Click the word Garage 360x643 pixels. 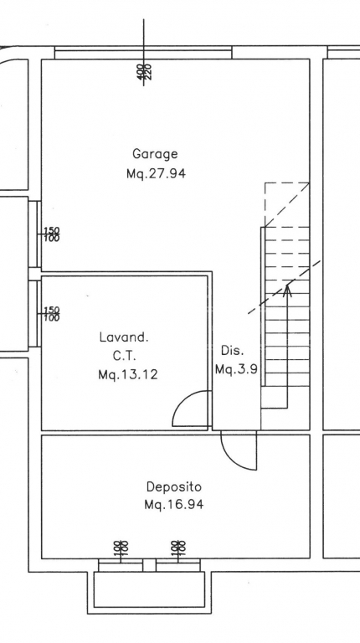155,155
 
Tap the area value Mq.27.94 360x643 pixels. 156,173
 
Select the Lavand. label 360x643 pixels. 124,337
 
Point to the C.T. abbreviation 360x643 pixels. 124,356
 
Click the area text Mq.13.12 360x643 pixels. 128,374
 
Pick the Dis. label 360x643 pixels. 233,351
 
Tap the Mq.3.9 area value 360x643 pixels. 237,369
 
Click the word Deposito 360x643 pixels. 174,487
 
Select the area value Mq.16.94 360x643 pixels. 174,504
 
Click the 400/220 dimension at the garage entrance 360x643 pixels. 144,71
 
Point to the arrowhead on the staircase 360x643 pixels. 287,290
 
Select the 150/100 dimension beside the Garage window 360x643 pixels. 52,234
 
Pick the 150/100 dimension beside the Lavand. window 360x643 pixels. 52,314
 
